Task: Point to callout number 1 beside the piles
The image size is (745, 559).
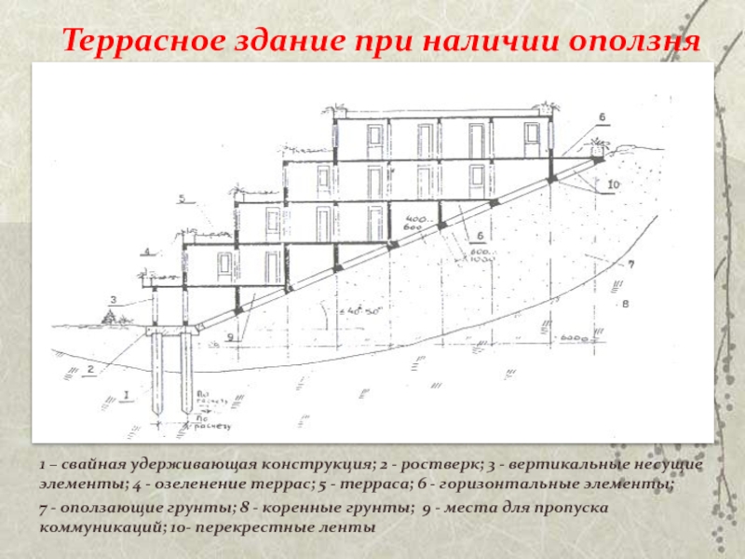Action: pos(125,395)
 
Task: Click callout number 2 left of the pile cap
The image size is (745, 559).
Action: pos(90,369)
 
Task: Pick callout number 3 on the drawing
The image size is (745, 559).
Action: pos(113,299)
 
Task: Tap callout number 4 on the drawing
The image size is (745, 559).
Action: pos(146,252)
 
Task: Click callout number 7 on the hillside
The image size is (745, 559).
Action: pos(630,266)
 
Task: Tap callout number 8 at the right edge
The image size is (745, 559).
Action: pos(626,303)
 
